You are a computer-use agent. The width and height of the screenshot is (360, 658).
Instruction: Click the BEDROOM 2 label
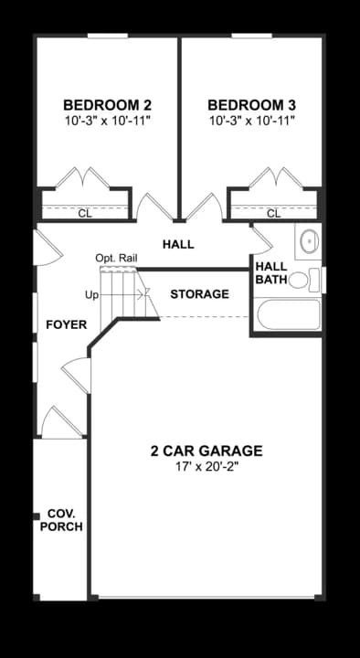(x=107, y=104)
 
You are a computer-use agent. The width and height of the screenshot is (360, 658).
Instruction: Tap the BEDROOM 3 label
(x=251, y=104)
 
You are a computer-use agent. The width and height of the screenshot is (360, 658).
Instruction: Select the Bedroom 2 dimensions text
(x=107, y=120)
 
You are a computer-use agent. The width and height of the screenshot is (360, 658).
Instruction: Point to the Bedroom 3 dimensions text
(x=251, y=120)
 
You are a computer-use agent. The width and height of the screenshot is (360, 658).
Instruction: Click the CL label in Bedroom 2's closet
(x=84, y=214)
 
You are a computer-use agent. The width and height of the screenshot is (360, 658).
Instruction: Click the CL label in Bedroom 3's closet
(x=274, y=214)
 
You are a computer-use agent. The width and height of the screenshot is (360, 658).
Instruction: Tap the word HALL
(x=178, y=245)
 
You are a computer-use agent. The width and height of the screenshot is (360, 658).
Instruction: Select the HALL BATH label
(x=270, y=272)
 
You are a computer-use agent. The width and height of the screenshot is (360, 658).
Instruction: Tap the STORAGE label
(x=199, y=294)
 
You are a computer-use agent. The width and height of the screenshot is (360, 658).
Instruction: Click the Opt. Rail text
(x=116, y=260)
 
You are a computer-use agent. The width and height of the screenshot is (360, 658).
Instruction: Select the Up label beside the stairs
(x=91, y=295)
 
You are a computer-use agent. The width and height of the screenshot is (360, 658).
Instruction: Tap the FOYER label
(x=66, y=324)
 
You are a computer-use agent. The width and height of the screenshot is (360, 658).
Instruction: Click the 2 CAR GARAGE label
(x=206, y=451)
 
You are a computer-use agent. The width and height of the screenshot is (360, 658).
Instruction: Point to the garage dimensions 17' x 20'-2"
(x=206, y=467)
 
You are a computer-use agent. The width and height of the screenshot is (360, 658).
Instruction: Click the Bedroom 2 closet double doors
(x=83, y=177)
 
